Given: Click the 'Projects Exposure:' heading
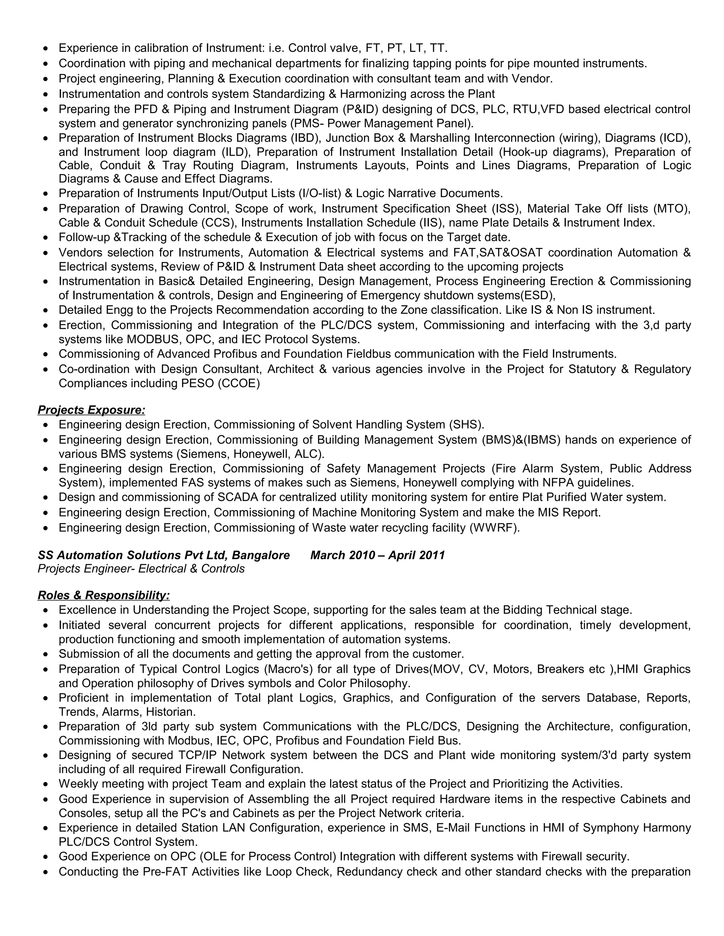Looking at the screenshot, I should point(91,410).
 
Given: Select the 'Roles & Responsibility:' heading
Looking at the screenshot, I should point(104,595).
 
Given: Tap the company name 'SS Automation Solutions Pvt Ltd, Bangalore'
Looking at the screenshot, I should point(164,556).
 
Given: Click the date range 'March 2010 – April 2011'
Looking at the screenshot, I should point(378,556).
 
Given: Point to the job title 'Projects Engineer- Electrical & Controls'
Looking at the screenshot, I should point(141,569).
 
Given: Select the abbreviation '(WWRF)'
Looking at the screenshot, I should point(494,528).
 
